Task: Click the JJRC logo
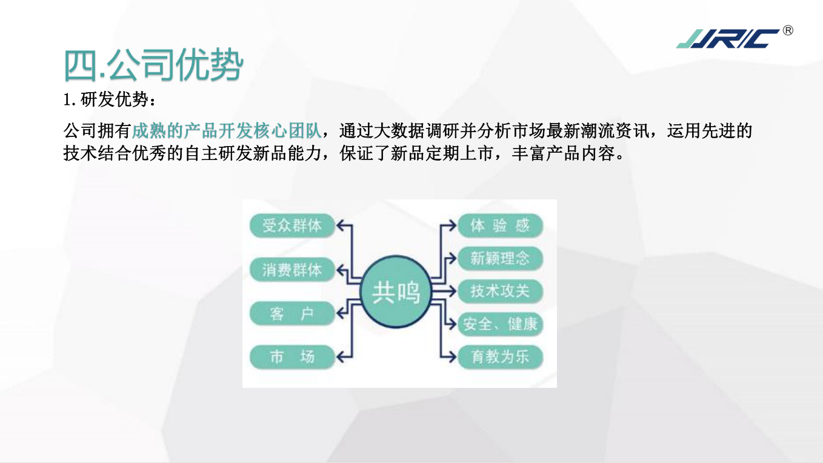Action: (727, 39)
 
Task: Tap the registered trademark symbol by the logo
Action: (788, 30)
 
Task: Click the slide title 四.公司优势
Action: (153, 65)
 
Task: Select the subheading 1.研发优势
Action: (110, 99)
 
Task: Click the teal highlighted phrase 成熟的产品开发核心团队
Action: (227, 131)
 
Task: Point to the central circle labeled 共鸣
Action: (396, 291)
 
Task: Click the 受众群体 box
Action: (292, 225)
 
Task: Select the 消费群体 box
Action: (292, 270)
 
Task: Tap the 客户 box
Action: (292, 313)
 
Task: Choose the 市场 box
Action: (292, 357)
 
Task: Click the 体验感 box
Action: (500, 225)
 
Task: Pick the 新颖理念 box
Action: (500, 258)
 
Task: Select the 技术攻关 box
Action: (500, 291)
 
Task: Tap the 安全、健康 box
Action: (500, 324)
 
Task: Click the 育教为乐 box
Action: (500, 357)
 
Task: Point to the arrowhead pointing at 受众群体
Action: (340, 225)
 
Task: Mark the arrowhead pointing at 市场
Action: (340, 357)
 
